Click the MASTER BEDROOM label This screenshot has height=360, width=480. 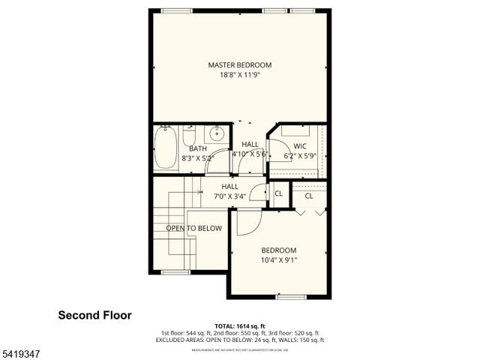[239, 65]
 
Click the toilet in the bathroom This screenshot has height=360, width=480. [189, 137]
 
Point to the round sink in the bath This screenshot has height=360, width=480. [217, 135]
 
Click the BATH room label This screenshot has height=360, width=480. [197, 149]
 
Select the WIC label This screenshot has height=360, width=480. [300, 146]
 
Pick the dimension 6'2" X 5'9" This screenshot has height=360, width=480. [300, 157]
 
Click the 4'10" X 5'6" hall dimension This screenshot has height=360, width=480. [250, 154]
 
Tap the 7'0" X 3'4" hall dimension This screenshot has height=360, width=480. [229, 196]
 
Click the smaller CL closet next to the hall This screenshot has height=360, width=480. [278, 193]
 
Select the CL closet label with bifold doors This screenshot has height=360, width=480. [309, 196]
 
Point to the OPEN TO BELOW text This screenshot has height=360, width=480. [194, 228]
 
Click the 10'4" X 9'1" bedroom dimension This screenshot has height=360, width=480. [278, 261]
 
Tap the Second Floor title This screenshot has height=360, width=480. [94, 316]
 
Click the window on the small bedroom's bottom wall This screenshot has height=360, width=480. [290, 297]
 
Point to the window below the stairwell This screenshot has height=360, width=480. [175, 272]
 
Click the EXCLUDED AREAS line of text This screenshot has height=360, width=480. [239, 340]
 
